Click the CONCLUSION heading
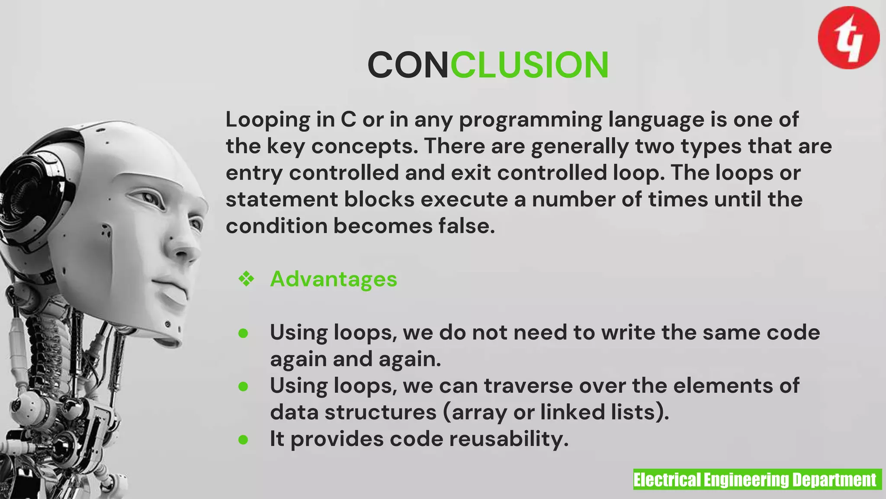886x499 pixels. (x=488, y=65)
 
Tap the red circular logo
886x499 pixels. (x=848, y=38)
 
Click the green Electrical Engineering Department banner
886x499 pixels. (x=757, y=480)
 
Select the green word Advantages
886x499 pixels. (x=334, y=279)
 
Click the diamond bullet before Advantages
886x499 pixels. (x=246, y=279)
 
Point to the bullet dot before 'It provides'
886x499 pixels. (x=243, y=440)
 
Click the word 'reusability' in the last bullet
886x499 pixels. (x=509, y=439)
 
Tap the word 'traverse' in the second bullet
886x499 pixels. (x=528, y=386)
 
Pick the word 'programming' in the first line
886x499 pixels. (x=530, y=120)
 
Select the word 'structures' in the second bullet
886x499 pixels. (x=381, y=412)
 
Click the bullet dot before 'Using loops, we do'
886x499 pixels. (x=243, y=333)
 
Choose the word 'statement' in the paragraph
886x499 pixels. (x=282, y=200)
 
